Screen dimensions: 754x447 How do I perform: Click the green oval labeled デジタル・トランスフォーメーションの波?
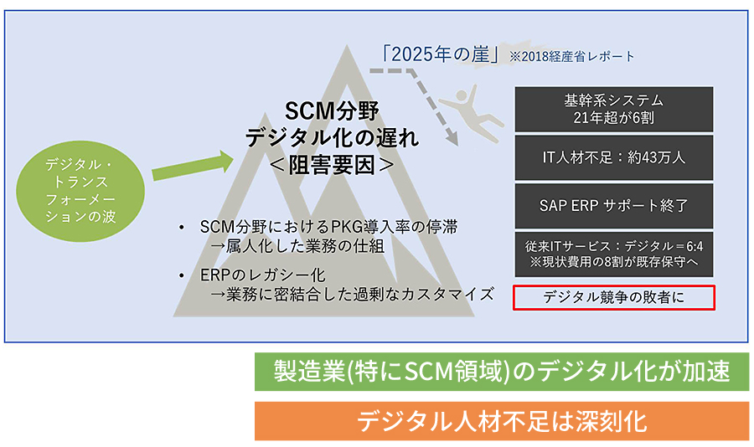80,191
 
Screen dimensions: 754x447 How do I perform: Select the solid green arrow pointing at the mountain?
193,166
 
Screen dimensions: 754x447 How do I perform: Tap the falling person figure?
471,114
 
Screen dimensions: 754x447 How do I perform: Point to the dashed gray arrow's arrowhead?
452,137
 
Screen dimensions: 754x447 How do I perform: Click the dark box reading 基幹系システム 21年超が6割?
613,109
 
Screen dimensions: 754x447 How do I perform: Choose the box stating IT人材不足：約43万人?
613,157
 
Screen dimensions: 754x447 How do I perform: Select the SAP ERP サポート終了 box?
613,206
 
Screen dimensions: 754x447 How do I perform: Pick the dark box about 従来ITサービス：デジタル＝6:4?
613,254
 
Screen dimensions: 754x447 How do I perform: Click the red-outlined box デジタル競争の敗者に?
613,297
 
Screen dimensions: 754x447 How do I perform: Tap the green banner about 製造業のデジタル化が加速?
502,372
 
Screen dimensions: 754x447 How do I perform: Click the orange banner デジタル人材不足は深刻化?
502,421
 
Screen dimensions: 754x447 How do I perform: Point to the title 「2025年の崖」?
441,54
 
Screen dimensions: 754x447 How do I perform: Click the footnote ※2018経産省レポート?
571,56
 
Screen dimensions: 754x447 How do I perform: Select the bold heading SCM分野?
332,111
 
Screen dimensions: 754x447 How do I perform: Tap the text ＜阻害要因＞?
332,166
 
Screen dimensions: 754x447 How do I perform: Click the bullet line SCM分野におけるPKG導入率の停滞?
329,226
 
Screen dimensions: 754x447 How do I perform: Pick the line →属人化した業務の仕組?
297,245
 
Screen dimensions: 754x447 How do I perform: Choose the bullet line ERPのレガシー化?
262,275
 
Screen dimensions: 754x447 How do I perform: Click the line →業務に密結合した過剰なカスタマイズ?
352,294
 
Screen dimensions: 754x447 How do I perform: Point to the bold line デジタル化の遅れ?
332,138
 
